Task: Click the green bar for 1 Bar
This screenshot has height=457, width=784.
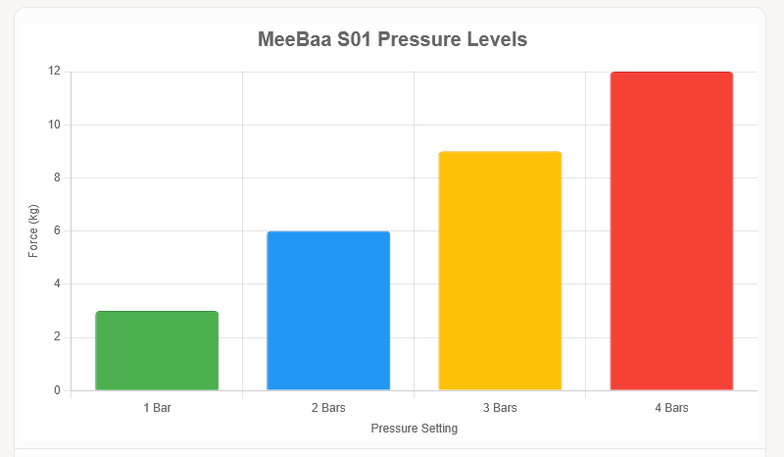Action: point(157,351)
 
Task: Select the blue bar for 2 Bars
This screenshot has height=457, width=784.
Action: point(328,311)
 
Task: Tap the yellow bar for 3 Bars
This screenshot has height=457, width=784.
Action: point(500,271)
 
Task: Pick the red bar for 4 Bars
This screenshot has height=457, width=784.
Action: point(671,231)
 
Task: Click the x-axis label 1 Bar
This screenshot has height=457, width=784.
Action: point(157,407)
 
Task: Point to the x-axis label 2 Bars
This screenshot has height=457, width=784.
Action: point(328,407)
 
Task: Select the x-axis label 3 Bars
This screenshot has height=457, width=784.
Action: point(500,407)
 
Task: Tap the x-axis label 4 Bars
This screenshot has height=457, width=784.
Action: point(671,407)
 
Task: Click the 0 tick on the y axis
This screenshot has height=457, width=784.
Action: point(57,390)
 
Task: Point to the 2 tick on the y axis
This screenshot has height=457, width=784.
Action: point(57,337)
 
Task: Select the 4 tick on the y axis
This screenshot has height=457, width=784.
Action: point(57,284)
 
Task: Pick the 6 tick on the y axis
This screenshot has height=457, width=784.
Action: point(57,231)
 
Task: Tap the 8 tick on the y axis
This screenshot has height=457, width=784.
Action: point(57,178)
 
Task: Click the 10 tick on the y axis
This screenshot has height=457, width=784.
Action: point(54,125)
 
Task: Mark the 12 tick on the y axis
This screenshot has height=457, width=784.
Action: point(54,72)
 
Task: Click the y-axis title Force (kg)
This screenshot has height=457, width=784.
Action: point(33,231)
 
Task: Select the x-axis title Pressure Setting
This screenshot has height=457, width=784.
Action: point(414,429)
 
